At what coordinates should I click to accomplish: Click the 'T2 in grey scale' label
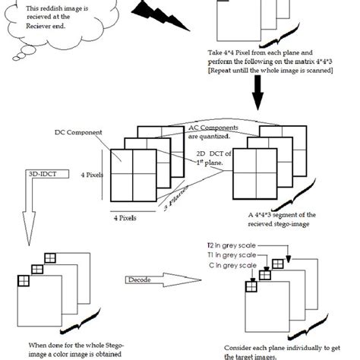pos(231,246)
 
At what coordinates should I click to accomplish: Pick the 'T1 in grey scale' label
pos(231,256)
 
